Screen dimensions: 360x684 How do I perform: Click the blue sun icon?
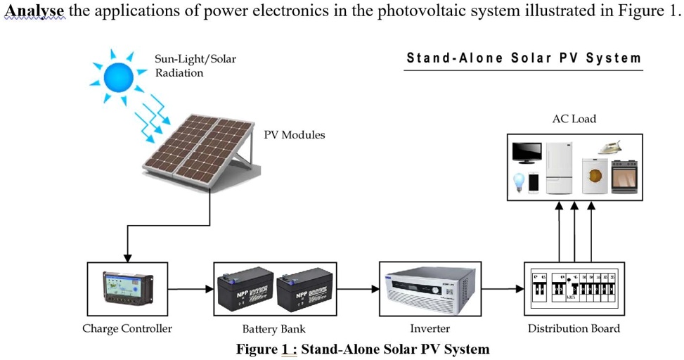119,75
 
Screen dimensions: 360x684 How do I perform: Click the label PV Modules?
294,134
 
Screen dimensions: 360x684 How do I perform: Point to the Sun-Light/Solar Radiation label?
195,66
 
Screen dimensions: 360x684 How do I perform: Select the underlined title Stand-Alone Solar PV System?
524,58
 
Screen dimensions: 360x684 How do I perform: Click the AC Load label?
574,119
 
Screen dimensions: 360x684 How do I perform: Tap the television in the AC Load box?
527,153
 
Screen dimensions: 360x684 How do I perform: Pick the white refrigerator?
559,168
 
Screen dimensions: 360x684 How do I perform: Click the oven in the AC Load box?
624,176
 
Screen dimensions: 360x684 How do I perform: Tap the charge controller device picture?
127,288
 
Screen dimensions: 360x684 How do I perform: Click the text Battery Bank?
273,328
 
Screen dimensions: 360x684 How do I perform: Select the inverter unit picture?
430,289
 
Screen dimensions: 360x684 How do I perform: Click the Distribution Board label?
574,328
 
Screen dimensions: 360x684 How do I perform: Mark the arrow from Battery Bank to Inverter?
358,288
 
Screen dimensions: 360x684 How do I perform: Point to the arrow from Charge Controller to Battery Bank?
191,288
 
